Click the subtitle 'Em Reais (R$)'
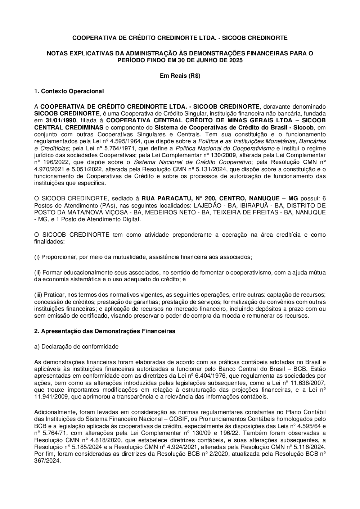[x=180, y=76]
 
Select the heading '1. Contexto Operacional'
[x=69, y=91]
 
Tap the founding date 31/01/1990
[x=61, y=120]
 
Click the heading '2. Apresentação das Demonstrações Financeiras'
[x=105, y=331]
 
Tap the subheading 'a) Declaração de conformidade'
[x=76, y=347]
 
